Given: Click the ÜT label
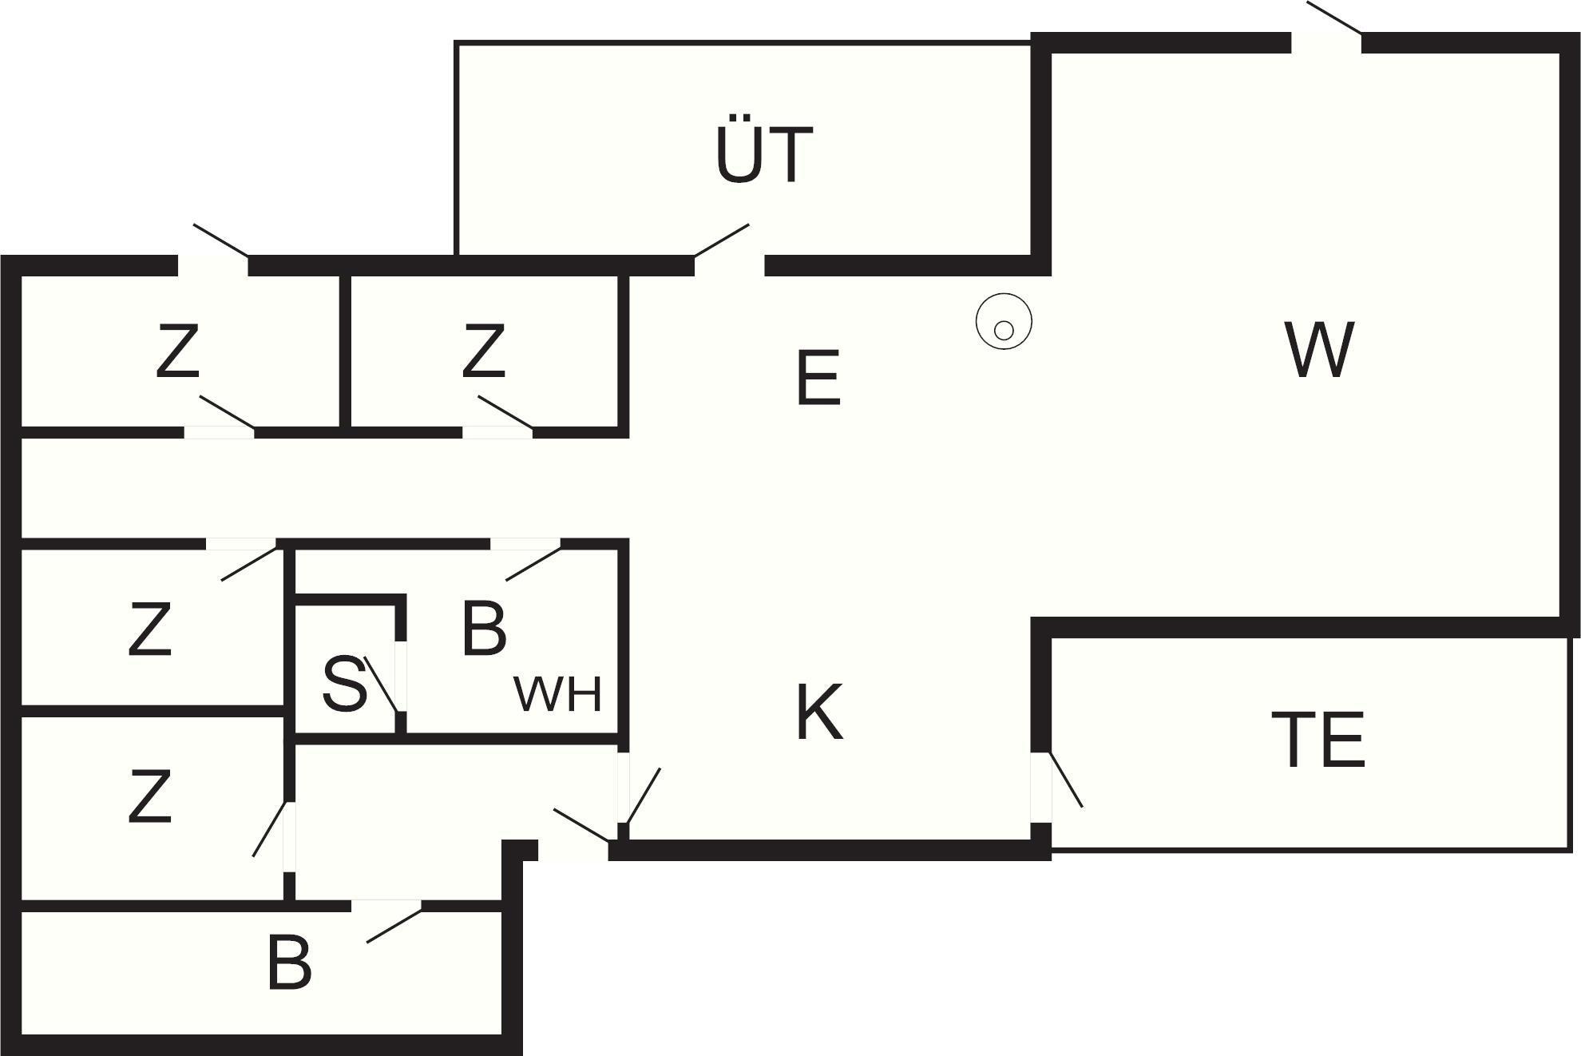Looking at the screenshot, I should pos(764,153).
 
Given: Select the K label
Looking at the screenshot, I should pos(819,713).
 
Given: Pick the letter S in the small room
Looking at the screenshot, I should pos(345,685).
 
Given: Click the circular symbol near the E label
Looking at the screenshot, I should pos(1004,322).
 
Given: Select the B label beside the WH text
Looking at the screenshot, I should pos(483,628).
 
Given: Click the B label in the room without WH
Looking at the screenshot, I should pos(289,964).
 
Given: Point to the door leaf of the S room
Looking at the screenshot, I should pos(381,684).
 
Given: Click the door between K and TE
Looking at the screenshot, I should pos(1065,780).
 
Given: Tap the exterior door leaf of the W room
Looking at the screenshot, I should pos(1334,18).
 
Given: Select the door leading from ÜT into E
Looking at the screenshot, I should pos(721,240).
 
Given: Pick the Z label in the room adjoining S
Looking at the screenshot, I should pos(150,630).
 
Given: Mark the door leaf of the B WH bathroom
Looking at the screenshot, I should pos(533,563).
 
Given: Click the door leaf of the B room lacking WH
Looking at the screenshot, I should pos(394,926).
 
